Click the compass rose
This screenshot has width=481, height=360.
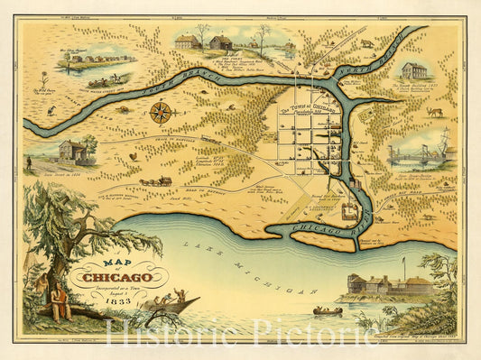click(x=162, y=112)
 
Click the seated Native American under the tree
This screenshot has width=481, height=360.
click(x=61, y=302)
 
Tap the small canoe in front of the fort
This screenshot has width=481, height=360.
click(x=327, y=311)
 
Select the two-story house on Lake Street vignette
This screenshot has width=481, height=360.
click(x=72, y=150)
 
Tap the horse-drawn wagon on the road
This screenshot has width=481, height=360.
click(x=156, y=181)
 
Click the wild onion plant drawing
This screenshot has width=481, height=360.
click(x=43, y=79)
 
